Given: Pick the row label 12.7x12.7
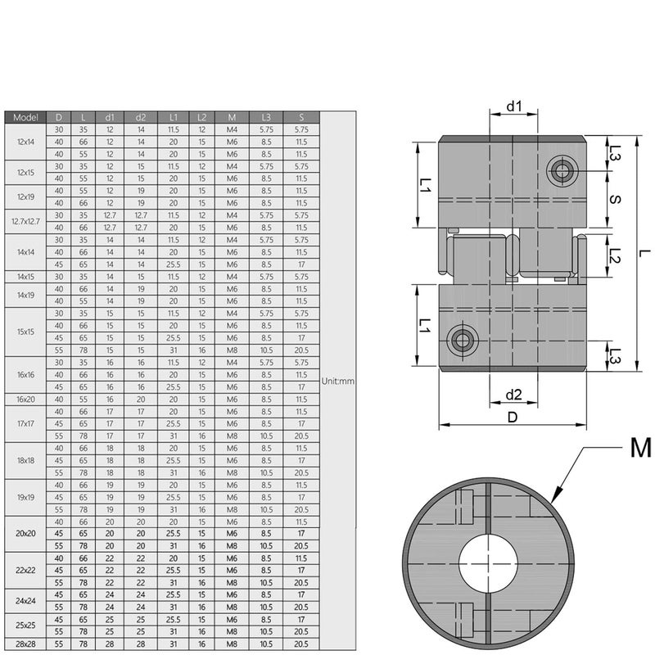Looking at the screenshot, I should tap(25, 222).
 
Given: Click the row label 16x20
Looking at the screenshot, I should tap(25, 400).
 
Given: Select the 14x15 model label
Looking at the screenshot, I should tap(25, 277).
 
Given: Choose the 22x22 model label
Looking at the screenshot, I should tap(25, 571).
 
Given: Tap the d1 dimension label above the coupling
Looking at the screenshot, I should tap(514, 106).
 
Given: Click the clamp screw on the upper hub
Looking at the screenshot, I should tap(561, 170).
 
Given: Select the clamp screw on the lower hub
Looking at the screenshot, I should tap(464, 341).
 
